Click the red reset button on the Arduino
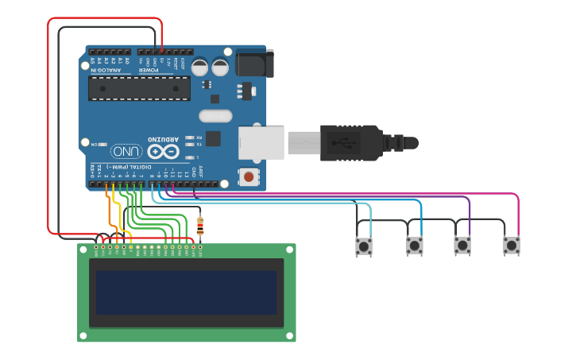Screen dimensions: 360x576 pos(249,176)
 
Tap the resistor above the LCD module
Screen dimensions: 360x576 pos(199,228)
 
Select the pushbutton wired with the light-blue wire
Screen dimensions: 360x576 pos(364,246)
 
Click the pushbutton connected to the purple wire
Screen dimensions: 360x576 pos(462,246)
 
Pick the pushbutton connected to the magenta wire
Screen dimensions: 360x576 pos(512,246)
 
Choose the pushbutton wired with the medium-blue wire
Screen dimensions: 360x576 pos(415,246)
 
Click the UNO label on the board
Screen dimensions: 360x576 pos(126,151)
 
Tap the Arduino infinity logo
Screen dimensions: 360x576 pos(164,151)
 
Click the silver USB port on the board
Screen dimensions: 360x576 pos(261,143)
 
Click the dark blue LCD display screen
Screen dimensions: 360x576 pos(187,292)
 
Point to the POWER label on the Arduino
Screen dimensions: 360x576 pos(149,71)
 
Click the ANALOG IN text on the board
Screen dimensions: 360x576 pos(106,71)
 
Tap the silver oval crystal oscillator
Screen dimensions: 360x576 pos(215,116)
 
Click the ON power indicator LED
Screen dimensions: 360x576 pos(106,145)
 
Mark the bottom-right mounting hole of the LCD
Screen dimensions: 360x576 pos(291,337)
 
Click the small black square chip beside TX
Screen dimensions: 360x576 pos(213,138)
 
